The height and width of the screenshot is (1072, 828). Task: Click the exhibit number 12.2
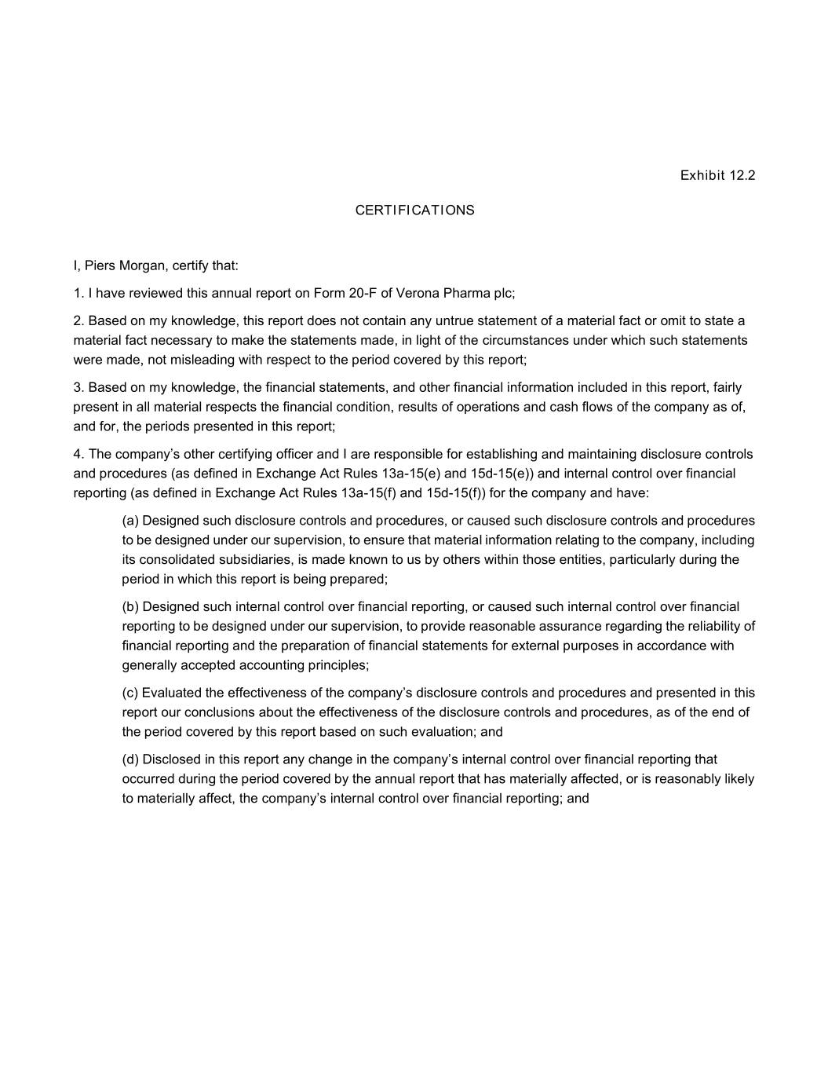742,175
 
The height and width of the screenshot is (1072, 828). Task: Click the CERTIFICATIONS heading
414,210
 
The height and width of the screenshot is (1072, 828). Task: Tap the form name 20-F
363,293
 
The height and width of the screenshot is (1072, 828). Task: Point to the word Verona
418,293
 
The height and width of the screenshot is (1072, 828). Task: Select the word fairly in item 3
728,387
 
